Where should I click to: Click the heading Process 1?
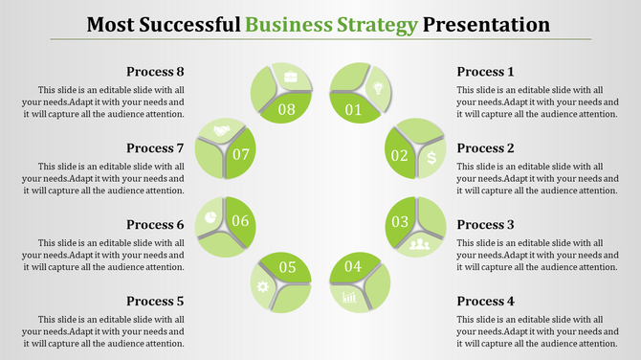click(485, 72)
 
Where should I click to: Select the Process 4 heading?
click(485, 302)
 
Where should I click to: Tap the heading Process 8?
click(155, 72)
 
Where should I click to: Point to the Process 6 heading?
click(155, 225)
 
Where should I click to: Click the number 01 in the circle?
click(353, 109)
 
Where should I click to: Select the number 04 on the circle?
click(353, 266)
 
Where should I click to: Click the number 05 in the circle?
click(287, 267)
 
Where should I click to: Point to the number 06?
click(240, 222)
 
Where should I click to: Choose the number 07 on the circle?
click(241, 154)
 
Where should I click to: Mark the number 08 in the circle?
click(287, 109)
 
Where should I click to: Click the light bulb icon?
click(378, 88)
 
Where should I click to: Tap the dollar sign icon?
click(432, 157)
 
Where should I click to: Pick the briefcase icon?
click(290, 77)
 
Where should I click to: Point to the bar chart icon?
click(349, 298)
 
